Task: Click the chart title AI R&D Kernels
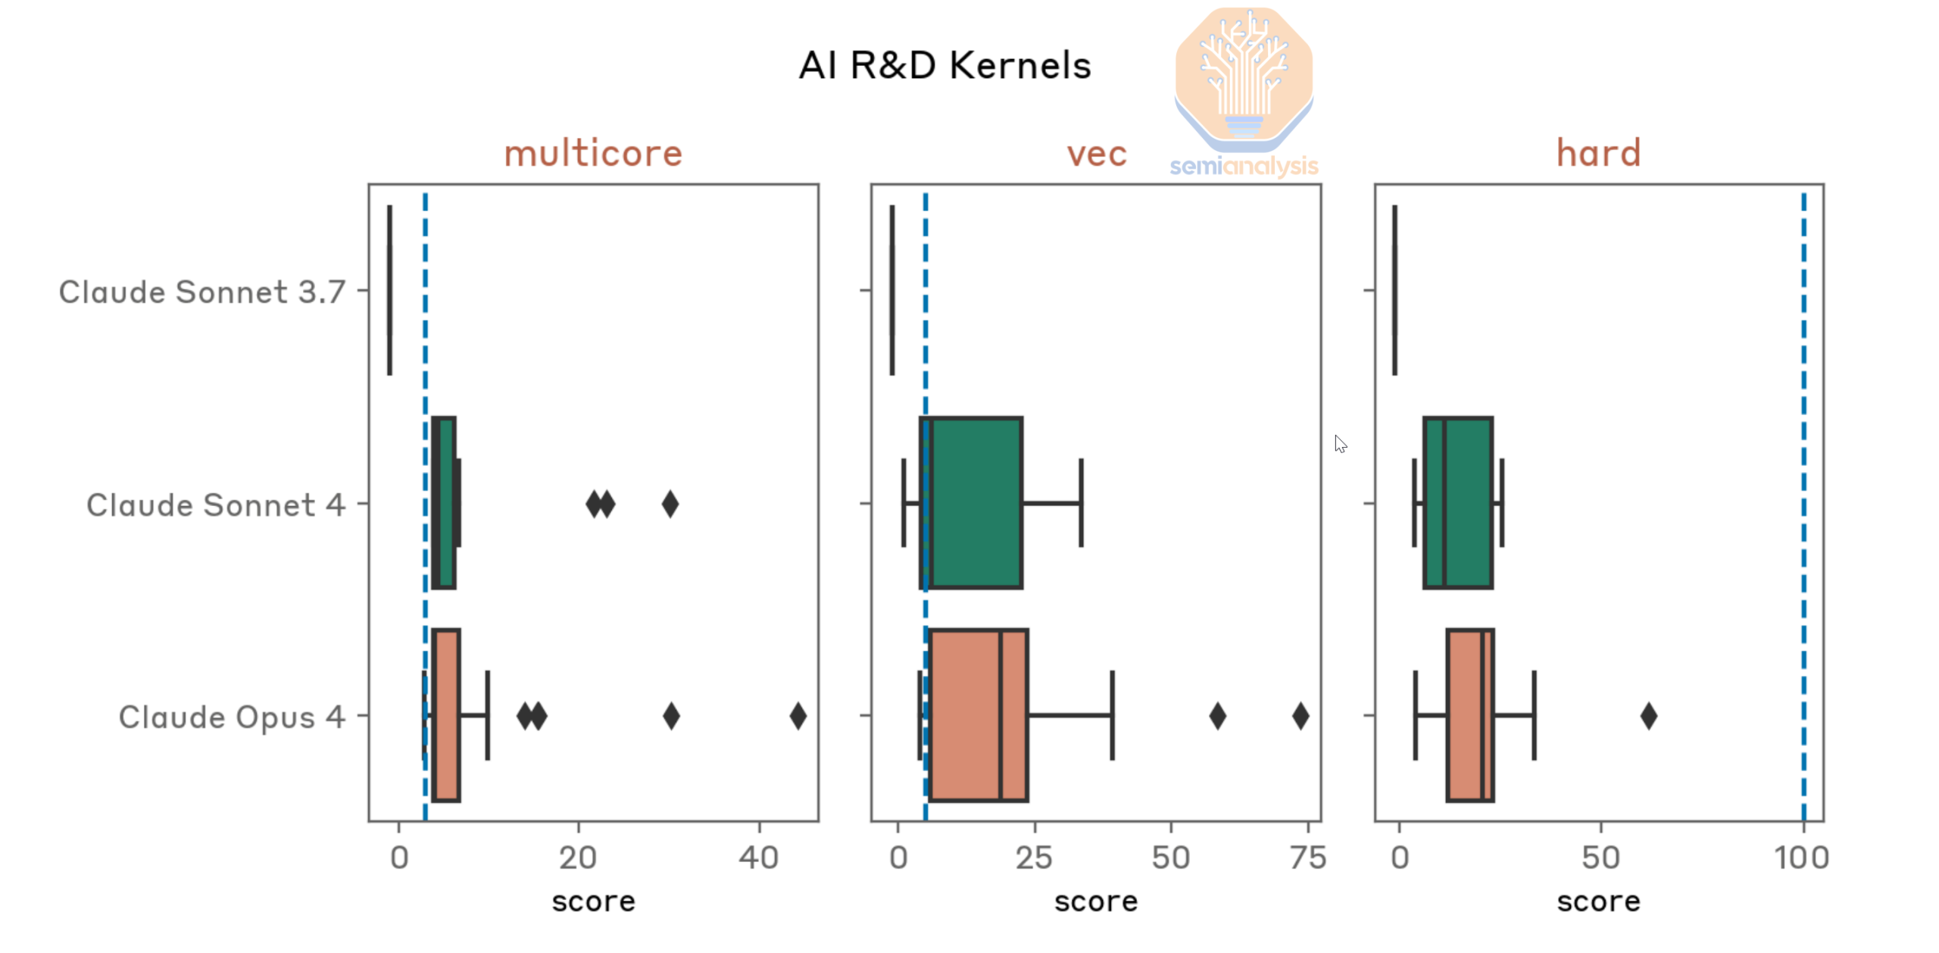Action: pos(945,65)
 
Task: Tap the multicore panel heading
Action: pos(593,153)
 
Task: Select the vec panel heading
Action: pos(1096,154)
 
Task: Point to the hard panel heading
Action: pos(1598,153)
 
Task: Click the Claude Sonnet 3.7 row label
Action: pos(202,292)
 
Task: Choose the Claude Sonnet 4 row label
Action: pos(216,505)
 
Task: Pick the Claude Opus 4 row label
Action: pos(232,717)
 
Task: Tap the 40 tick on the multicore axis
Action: pos(759,858)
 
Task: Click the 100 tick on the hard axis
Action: pos(1802,858)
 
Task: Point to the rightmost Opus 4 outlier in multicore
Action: pos(798,715)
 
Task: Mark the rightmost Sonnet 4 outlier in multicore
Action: pos(670,503)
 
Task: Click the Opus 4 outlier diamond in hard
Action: pos(1648,715)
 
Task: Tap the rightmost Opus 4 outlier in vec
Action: pos(1300,715)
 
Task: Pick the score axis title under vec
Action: pos(1096,901)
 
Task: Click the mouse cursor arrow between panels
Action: pos(1340,443)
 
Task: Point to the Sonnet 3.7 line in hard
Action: pos(1394,290)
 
